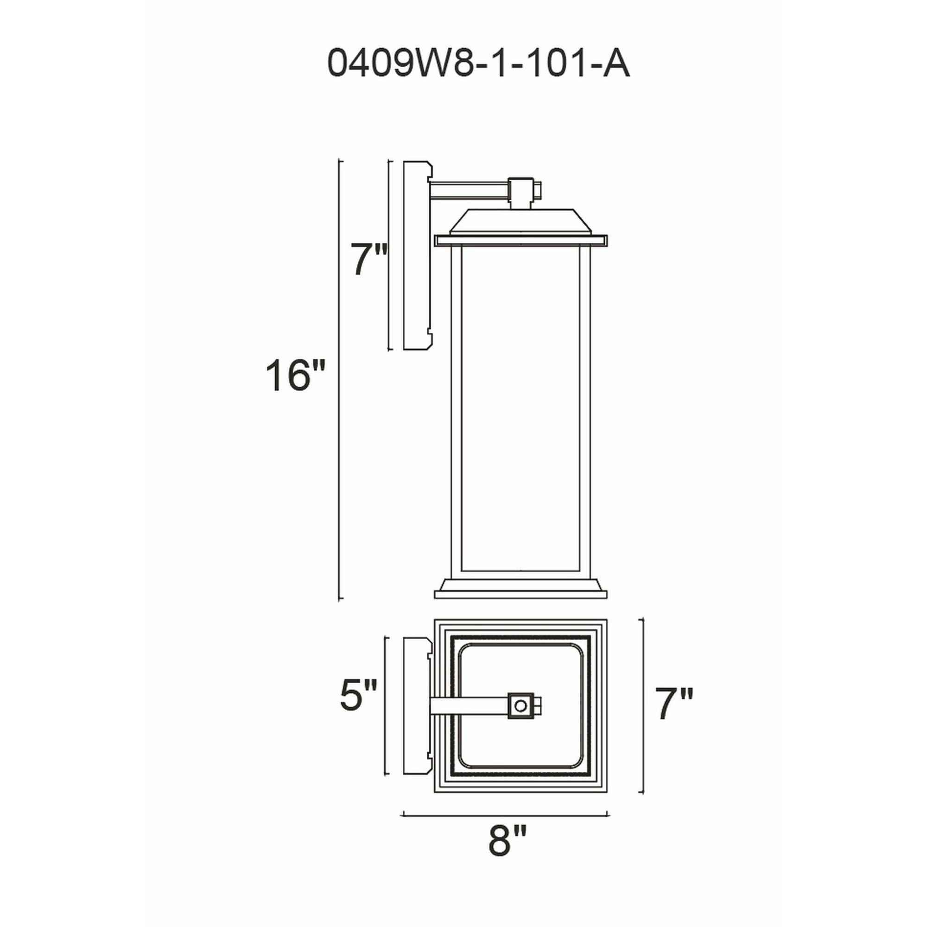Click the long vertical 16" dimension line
pos(340,379)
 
